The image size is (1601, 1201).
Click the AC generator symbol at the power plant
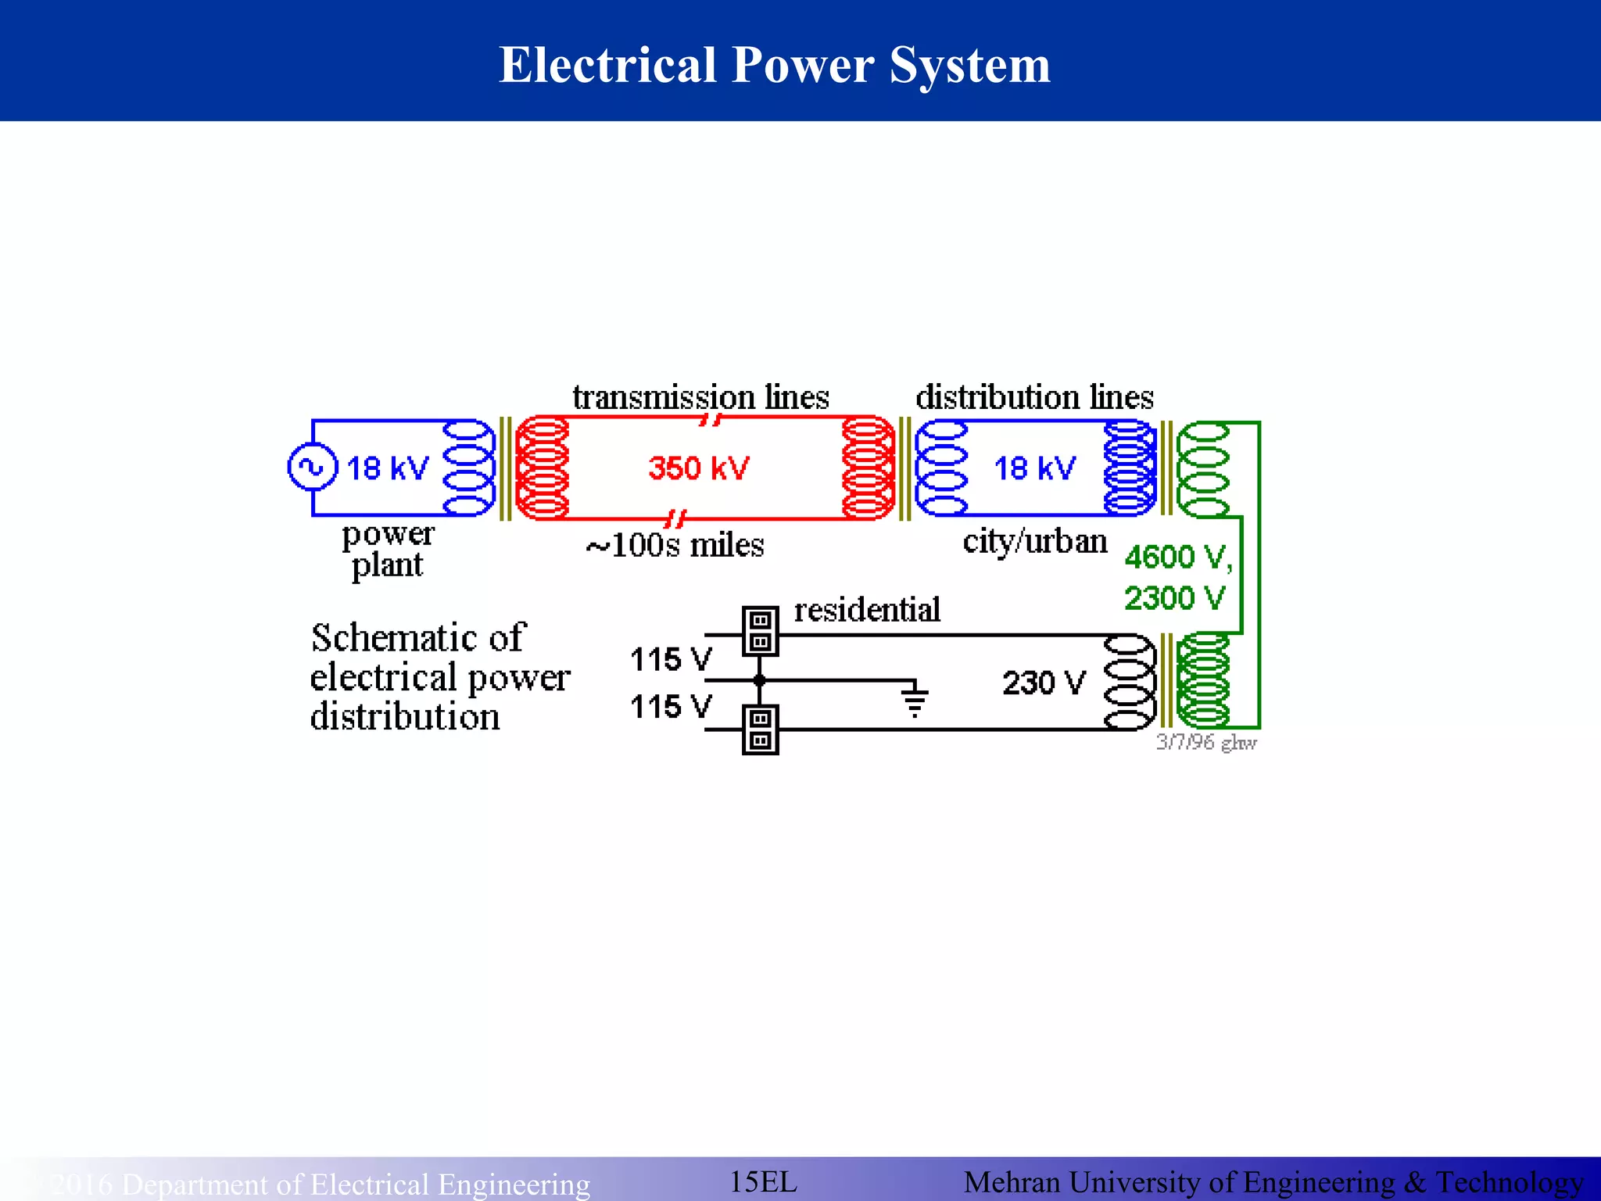click(313, 467)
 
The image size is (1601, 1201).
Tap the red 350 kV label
click(698, 468)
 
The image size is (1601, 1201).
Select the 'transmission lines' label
click(700, 397)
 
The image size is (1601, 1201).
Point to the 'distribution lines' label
click(1034, 397)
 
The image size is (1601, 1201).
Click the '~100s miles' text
click(675, 545)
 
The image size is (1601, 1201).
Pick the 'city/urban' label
click(1034, 541)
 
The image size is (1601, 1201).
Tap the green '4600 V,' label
click(1177, 557)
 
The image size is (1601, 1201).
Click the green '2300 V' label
click(1174, 598)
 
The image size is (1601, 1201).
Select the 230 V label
click(1044, 683)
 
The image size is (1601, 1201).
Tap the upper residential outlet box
click(760, 631)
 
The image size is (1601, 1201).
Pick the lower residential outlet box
click(760, 730)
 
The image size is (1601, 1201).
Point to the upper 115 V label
click(671, 659)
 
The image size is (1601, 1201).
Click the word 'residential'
click(867, 610)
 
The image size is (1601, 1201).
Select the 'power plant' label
click(388, 550)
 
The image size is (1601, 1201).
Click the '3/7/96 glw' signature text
click(1206, 742)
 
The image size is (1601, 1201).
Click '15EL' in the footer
click(763, 1181)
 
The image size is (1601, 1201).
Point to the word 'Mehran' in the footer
click(1012, 1182)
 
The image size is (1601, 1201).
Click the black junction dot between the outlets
click(759, 680)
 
